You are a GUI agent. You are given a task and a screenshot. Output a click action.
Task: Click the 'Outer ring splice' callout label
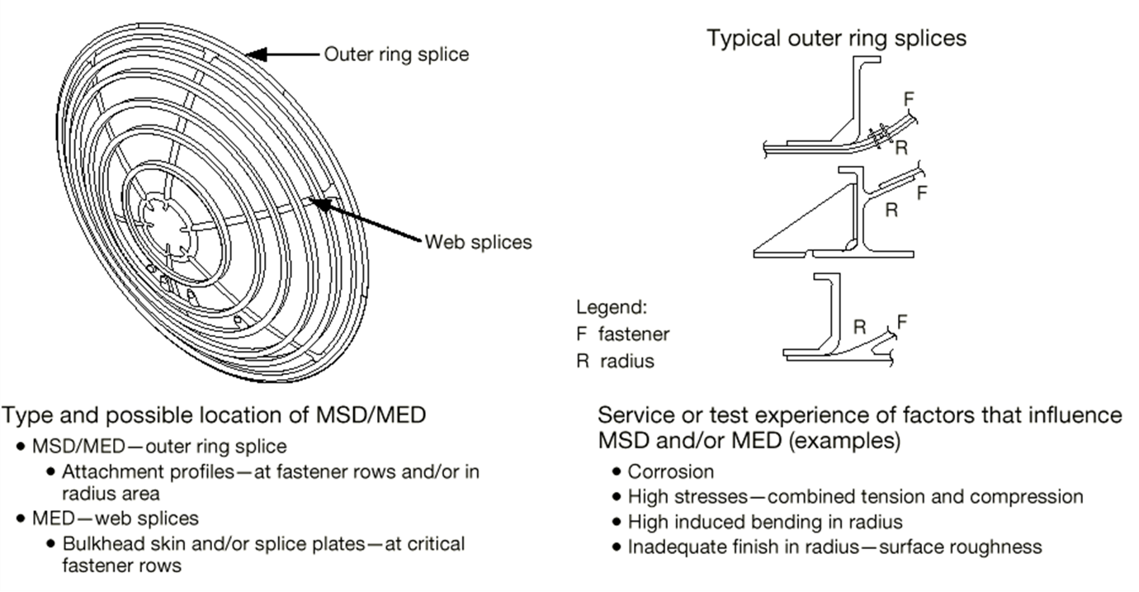tap(396, 54)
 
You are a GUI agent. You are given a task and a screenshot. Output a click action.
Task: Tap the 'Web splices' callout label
tap(478, 243)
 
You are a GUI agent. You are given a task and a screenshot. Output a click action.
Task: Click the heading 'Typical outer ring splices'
tap(836, 38)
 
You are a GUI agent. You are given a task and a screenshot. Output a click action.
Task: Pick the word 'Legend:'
tap(611, 308)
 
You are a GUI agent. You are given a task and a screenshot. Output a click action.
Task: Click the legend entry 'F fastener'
tap(622, 334)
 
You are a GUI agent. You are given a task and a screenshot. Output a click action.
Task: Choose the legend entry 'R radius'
tap(615, 361)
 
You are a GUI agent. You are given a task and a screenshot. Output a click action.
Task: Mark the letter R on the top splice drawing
tap(902, 148)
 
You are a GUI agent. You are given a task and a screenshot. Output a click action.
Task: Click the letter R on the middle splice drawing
tap(891, 210)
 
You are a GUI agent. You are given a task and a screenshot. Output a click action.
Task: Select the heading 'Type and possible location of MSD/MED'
tap(215, 415)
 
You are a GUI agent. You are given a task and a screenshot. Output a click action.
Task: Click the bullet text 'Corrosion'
tap(670, 471)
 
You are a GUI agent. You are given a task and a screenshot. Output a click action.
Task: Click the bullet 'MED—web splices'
tap(115, 519)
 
